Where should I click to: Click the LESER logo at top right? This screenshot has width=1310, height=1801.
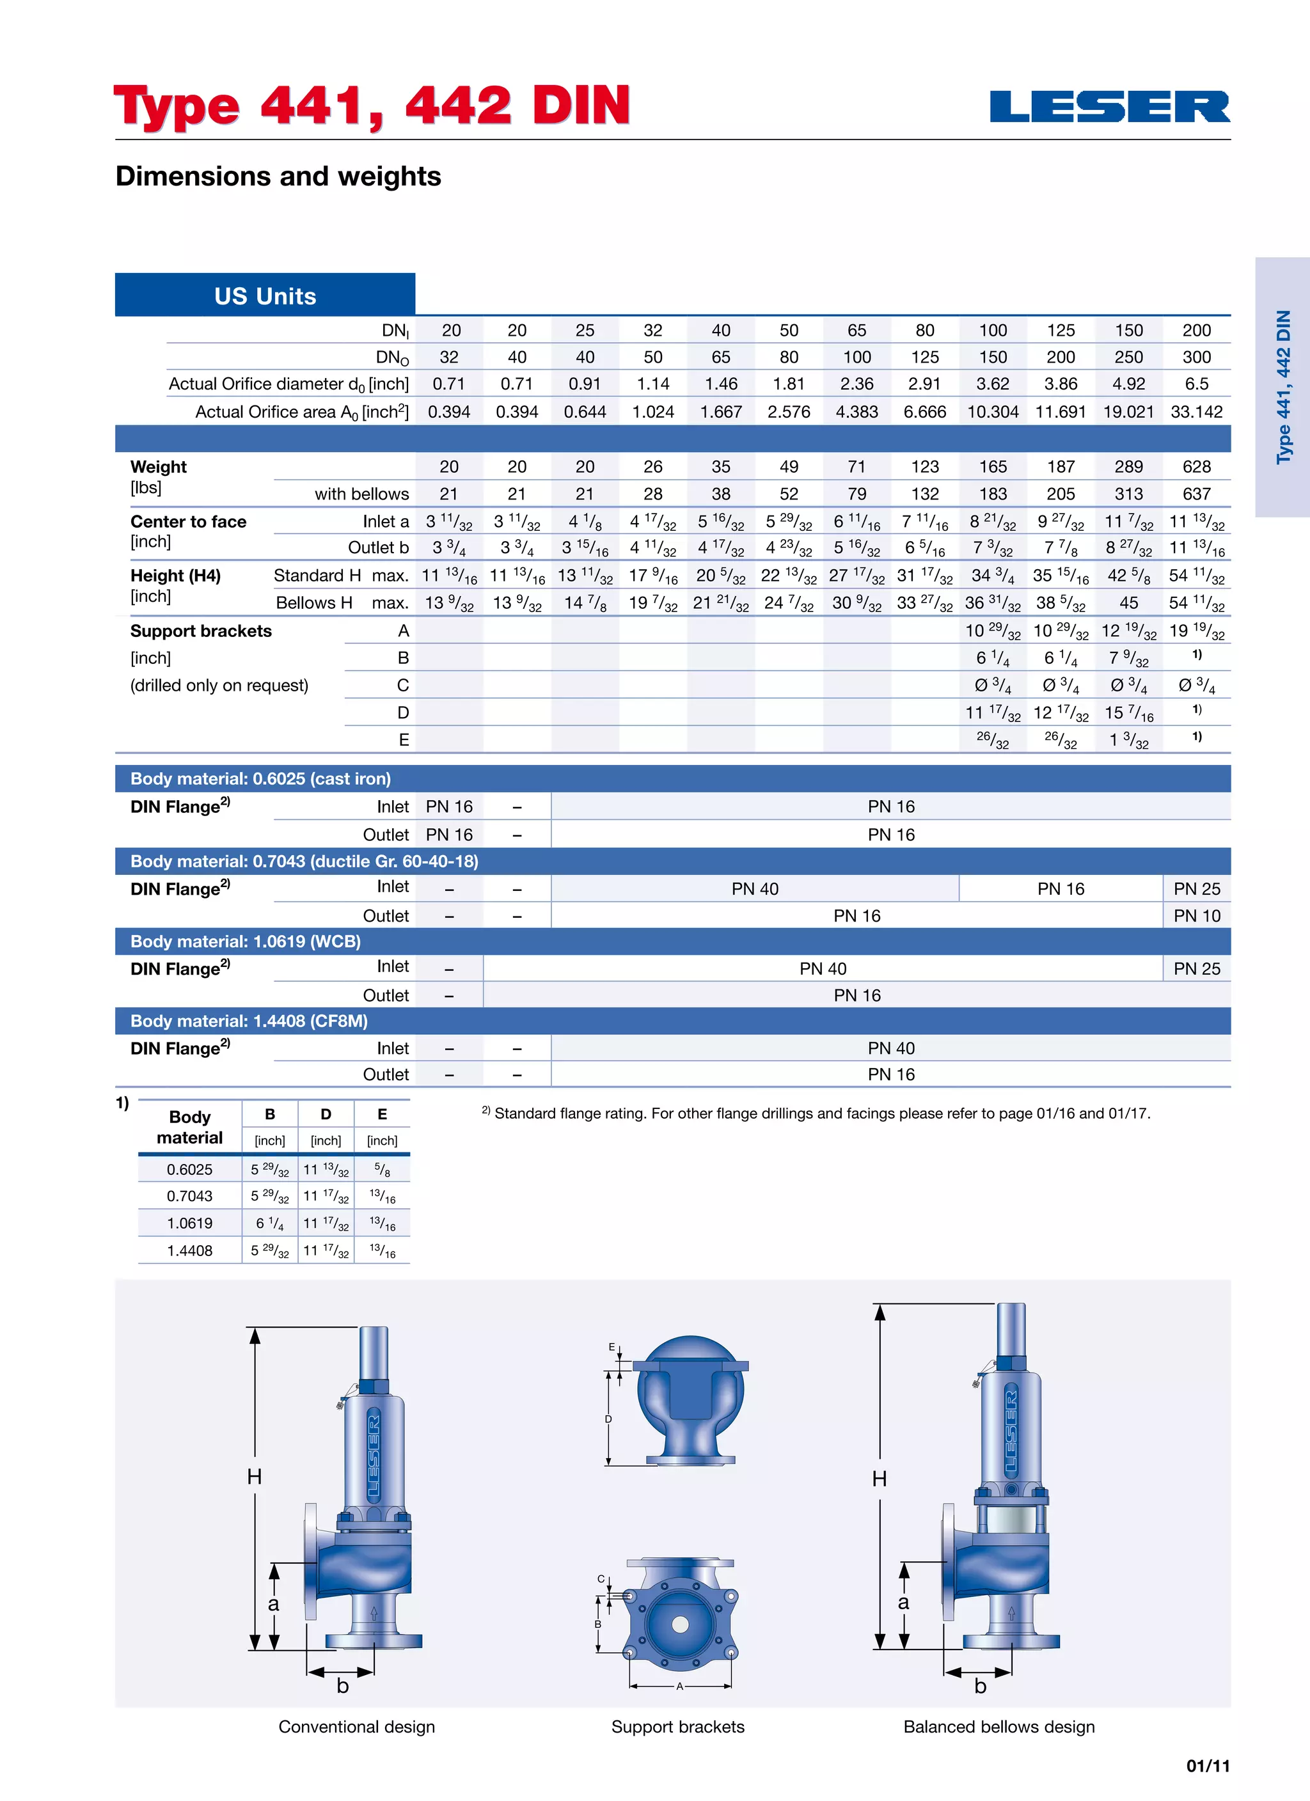[x=1109, y=107]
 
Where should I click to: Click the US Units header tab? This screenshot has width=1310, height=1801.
[x=265, y=296]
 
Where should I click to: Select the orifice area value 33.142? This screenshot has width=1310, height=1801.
[x=1196, y=411]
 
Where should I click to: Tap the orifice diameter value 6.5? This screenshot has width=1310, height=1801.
[x=1196, y=384]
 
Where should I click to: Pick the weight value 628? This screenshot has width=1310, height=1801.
[x=1196, y=466]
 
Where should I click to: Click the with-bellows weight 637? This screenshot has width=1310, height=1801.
[x=1196, y=493]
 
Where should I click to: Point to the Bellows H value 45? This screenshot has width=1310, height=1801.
[x=1128, y=602]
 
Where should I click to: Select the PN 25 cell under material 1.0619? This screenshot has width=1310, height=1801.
[x=1196, y=968]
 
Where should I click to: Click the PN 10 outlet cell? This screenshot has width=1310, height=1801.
[x=1196, y=916]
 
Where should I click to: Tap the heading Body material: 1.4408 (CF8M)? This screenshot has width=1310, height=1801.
[x=249, y=1020]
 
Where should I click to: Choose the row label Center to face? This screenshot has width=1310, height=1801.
[x=188, y=522]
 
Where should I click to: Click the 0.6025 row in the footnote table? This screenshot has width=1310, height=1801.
[x=190, y=1169]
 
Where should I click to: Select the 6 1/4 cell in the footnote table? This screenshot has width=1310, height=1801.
[x=269, y=1223]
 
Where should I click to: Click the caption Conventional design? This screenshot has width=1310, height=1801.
[x=357, y=1726]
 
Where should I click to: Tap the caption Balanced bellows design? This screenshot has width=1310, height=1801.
[x=998, y=1726]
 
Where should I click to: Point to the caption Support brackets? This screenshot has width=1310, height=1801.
[x=677, y=1726]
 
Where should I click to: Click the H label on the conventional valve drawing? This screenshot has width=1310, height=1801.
[x=254, y=1476]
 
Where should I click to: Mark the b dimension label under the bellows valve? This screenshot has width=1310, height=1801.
[x=981, y=1685]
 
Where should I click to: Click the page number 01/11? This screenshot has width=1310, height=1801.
[x=1208, y=1765]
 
